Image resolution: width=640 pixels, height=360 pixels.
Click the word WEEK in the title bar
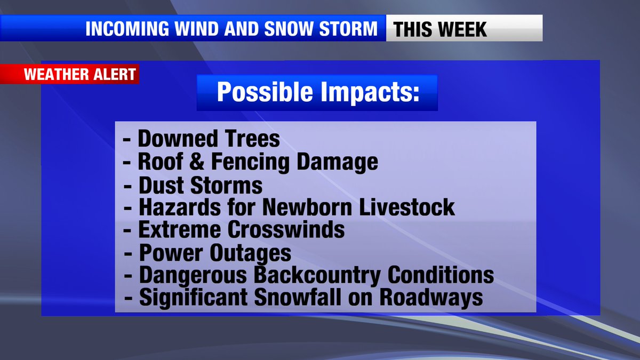point(463,29)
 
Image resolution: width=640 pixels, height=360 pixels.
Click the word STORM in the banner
point(349,29)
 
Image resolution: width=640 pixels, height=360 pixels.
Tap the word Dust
point(162,185)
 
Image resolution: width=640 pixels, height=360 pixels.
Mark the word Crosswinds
point(286,230)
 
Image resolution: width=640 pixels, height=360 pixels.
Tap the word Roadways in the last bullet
point(433,298)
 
